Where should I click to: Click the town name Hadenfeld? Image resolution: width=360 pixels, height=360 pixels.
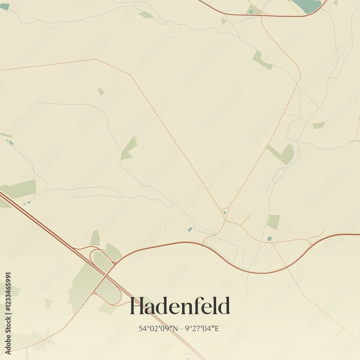pos(180,306)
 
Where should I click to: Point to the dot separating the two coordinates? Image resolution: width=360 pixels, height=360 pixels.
pos(181,328)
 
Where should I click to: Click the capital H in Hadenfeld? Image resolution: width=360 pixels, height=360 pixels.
pos(137,306)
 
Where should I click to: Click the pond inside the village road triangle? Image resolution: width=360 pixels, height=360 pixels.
pos(225,213)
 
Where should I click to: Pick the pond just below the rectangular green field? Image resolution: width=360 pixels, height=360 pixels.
pos(269,238)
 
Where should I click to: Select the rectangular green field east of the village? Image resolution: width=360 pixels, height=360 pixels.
pos(273,222)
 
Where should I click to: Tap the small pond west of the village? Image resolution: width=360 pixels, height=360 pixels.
pos(190,229)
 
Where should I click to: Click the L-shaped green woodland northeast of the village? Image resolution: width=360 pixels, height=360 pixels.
pos(283,153)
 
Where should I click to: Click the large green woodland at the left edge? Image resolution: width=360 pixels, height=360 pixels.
pos(20,189)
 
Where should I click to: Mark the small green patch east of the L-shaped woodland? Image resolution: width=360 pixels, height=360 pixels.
pos(318,125)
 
